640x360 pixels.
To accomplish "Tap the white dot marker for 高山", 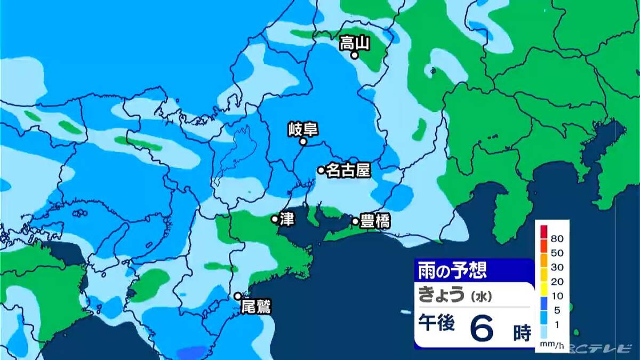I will (354, 54).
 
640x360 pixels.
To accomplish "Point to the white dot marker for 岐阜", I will (302, 142).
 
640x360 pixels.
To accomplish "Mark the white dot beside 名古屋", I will (321, 170).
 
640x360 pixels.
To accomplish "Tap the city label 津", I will (287, 219).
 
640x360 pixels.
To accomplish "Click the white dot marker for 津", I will (275, 219).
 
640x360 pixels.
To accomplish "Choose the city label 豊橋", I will (375, 221).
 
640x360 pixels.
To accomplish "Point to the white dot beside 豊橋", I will (355, 221).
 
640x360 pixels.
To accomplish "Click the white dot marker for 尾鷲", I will (238, 296).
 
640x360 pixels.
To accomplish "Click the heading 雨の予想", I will (452, 270).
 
